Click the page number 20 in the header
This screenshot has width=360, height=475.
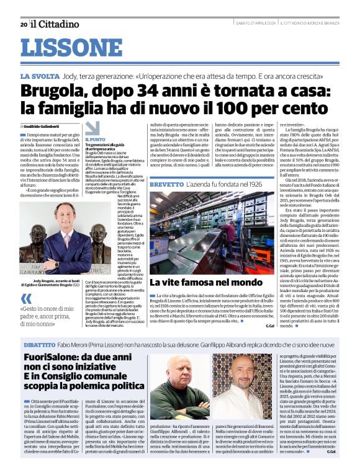coord(24,25)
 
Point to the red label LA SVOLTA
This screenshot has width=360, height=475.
coord(56,75)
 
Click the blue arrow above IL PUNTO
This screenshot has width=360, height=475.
coord(92,128)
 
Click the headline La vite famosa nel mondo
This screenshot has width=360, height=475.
coord(198,300)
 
